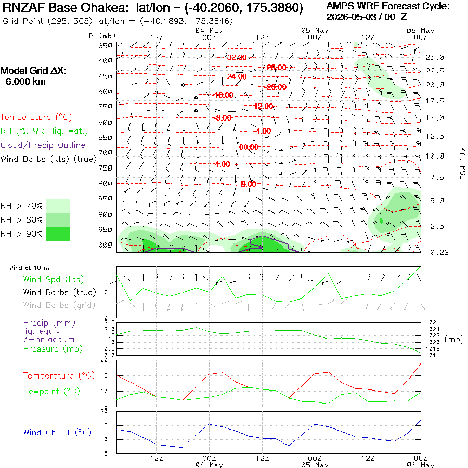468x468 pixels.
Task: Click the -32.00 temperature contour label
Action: click(237, 57)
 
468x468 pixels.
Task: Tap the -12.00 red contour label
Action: click(263, 106)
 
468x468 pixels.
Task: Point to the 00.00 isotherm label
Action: click(249, 147)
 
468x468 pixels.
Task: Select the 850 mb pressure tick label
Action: click(106, 199)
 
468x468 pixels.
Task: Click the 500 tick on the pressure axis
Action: click(106, 92)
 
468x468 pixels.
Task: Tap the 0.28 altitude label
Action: click(439, 252)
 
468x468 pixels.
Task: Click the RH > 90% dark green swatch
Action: click(58, 234)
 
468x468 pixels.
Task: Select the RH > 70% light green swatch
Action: click(58, 206)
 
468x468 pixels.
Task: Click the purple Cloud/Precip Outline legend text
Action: click(43, 145)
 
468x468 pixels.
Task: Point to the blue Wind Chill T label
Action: click(57, 433)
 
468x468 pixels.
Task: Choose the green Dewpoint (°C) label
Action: click(51, 391)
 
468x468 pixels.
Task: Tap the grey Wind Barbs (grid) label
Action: click(59, 305)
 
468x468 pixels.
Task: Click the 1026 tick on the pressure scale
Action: click(433, 322)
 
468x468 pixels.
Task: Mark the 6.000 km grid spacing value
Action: click(25, 82)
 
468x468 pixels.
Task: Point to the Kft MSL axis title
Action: click(462, 163)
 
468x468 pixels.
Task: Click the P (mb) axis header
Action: click(102, 36)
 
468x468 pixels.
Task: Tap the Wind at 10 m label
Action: click(29, 268)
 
